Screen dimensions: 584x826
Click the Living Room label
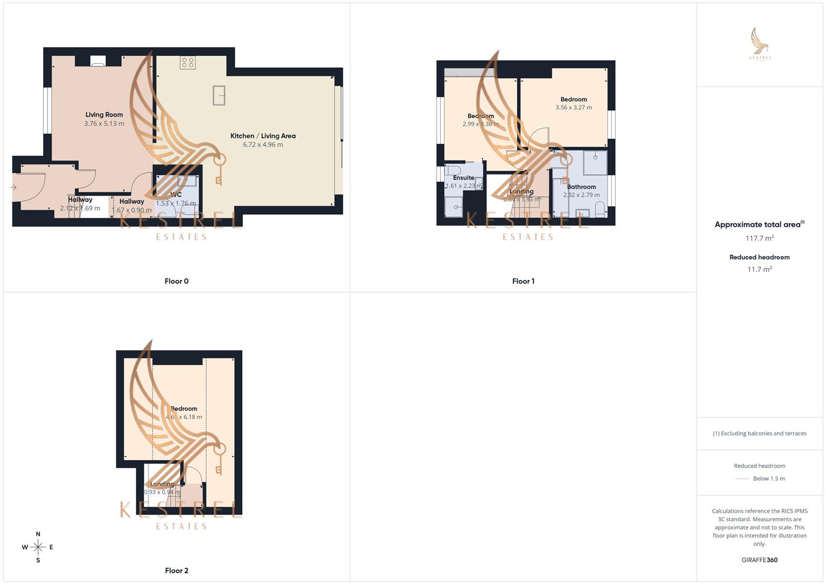[104, 115]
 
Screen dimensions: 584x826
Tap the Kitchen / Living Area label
[263, 136]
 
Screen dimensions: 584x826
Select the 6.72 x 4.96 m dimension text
[263, 145]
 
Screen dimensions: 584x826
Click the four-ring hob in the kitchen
[188, 63]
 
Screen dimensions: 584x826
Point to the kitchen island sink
[219, 95]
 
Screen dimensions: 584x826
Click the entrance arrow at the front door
[14, 188]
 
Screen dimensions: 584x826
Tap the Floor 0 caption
[176, 281]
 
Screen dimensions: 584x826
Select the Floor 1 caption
[523, 281]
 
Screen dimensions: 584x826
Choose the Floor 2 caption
[176, 570]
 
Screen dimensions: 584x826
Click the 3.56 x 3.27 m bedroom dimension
[573, 108]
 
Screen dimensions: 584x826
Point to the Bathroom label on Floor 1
[581, 187]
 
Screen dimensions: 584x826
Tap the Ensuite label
[464, 178]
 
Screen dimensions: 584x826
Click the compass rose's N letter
[38, 534]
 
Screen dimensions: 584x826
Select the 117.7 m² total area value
[759, 238]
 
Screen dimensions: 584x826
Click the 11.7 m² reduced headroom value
[759, 269]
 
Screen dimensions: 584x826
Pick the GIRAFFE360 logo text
[759, 560]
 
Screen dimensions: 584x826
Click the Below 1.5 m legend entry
[769, 479]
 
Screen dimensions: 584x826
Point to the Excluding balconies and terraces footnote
[759, 434]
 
